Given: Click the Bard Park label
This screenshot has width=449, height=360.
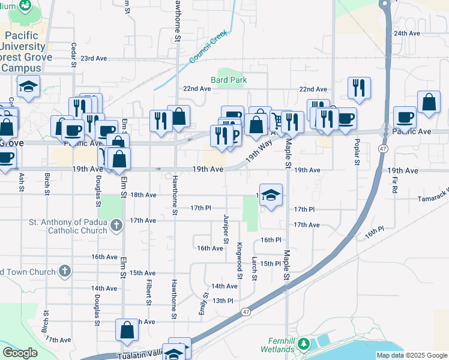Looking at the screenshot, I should (x=229, y=80).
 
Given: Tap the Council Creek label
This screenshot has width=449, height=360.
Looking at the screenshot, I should (x=209, y=47).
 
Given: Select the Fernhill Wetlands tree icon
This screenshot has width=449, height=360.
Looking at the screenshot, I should (x=305, y=344).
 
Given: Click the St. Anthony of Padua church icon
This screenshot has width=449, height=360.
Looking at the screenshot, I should (x=116, y=226).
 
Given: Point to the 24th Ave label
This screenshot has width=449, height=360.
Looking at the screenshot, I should (x=406, y=33).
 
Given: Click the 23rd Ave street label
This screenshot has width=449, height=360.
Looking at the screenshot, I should (x=94, y=58).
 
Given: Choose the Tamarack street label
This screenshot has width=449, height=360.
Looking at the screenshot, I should (x=433, y=196).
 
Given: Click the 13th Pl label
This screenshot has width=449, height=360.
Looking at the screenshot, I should (x=222, y=301).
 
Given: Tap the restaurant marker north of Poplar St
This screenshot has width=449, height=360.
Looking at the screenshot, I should (x=359, y=88).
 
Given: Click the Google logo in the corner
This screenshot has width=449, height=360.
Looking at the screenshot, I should (x=20, y=353).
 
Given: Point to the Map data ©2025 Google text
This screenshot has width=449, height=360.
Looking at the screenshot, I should (x=412, y=355).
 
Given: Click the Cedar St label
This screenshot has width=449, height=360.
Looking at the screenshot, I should (x=74, y=55).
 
